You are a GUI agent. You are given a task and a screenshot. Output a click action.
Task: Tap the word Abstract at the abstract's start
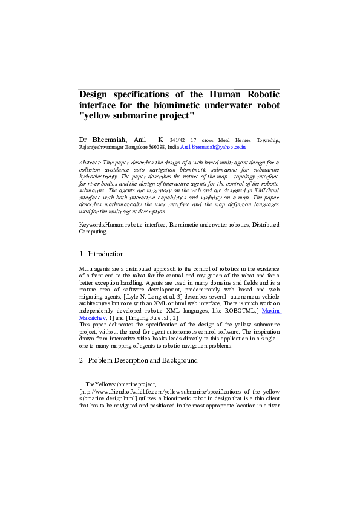90,163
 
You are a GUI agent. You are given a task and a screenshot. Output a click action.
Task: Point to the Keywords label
92,224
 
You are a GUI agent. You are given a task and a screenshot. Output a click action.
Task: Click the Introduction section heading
106,254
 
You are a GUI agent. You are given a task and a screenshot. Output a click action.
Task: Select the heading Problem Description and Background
143,360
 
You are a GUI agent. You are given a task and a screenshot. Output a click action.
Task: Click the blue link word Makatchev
93,317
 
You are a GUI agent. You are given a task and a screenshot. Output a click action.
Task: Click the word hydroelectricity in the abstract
99,177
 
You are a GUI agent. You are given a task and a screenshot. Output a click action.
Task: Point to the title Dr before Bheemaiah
83,140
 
